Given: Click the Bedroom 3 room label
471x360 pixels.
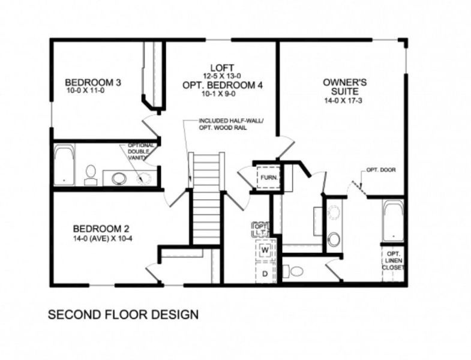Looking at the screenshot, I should click(94, 82).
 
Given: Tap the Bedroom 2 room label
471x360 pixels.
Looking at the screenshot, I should click(101, 229).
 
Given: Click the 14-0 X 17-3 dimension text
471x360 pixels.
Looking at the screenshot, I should click(341, 101).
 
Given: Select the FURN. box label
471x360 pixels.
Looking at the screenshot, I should click(267, 177).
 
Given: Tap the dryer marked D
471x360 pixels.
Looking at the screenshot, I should click(264, 273).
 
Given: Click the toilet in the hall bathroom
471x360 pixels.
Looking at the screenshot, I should click(91, 174).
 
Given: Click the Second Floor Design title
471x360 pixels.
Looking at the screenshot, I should click(123, 314).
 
